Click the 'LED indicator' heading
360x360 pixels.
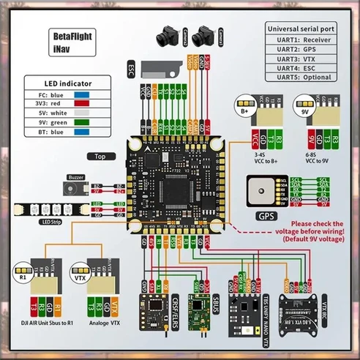pos(57,83)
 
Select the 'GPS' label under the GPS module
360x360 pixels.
pos(266,217)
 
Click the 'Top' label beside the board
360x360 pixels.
pos(101,156)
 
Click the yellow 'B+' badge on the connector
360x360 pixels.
pos(241,113)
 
